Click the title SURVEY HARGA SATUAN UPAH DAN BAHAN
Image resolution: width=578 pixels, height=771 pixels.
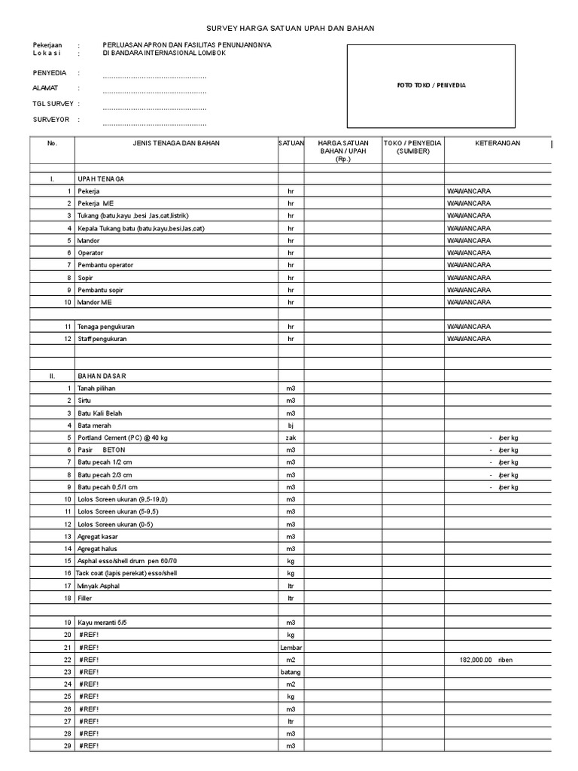(x=290, y=28)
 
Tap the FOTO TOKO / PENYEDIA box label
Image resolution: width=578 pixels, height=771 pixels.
(x=431, y=86)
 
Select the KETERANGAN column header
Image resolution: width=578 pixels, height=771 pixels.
(x=497, y=143)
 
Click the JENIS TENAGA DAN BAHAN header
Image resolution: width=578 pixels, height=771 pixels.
(x=176, y=143)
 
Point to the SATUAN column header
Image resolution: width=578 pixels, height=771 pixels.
(x=291, y=143)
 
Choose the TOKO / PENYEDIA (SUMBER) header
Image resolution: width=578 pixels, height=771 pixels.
(x=412, y=147)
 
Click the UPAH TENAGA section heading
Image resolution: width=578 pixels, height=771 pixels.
(x=101, y=179)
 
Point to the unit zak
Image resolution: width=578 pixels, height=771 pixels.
(x=291, y=437)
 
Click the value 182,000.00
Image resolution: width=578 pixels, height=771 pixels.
(x=475, y=660)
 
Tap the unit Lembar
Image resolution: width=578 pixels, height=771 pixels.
(x=291, y=648)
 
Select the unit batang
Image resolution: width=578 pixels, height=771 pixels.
(x=291, y=672)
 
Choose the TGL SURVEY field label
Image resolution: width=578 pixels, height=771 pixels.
(x=52, y=104)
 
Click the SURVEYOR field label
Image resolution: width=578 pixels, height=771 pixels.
(x=50, y=120)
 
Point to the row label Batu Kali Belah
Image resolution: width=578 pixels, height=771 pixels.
(x=100, y=413)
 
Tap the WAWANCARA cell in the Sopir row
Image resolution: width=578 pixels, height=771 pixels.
(x=468, y=278)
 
